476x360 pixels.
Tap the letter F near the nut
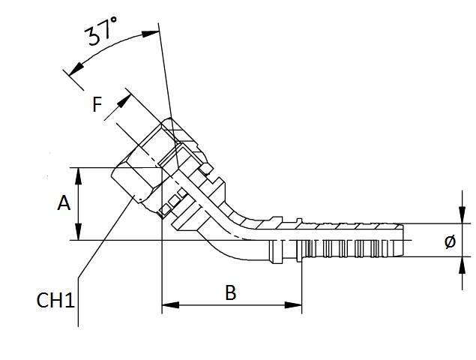(x=97, y=104)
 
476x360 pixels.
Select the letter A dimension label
(x=64, y=203)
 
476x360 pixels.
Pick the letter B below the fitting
(x=231, y=292)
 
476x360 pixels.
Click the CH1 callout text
(x=56, y=301)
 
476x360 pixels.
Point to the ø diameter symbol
(x=450, y=241)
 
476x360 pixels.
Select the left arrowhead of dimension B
(x=166, y=305)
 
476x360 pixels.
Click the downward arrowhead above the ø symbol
(x=460, y=219)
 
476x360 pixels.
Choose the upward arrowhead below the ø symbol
(x=460, y=262)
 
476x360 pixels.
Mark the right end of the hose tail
(x=403, y=240)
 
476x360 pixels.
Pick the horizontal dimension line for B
(x=232, y=305)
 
